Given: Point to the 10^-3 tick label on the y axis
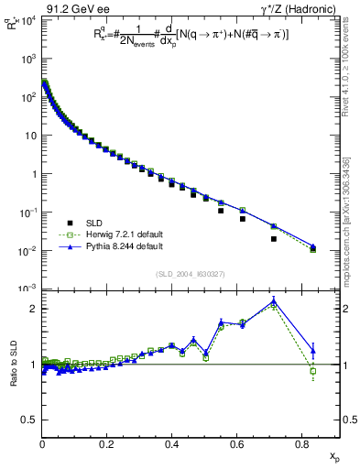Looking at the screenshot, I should pyautogui.click(x=28, y=289).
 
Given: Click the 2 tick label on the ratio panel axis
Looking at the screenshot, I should pyautogui.click(x=33, y=309).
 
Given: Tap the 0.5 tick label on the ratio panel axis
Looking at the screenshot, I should pyautogui.click(x=29, y=420).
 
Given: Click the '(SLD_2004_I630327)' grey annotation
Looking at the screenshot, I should pyautogui.click(x=191, y=273).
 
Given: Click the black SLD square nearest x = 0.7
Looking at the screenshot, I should pyautogui.click(x=274, y=239).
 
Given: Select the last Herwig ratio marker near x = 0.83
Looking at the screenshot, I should pyautogui.click(x=313, y=371).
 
